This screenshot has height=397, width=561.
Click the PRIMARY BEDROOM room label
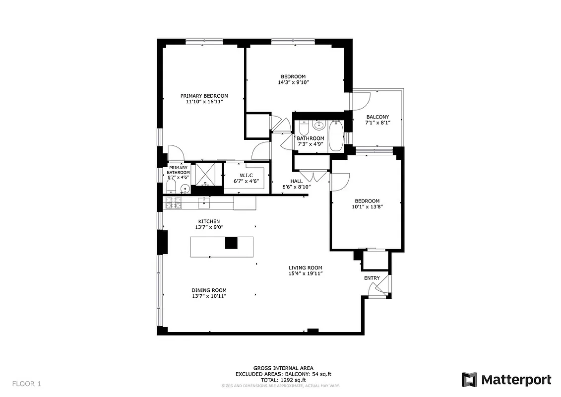coord(204,96)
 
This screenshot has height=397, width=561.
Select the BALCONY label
coord(377,117)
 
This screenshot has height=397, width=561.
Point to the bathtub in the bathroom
coord(336,135)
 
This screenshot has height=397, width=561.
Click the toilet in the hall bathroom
coord(303,126)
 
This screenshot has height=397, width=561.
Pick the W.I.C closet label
coord(246,175)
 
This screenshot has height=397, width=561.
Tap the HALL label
coord(296,181)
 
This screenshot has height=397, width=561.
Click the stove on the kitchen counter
coord(172,202)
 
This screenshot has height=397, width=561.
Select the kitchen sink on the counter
coord(203,202)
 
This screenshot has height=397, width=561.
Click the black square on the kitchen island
coord(232,243)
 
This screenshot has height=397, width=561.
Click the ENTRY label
coord(372,278)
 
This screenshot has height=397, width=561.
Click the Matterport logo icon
coord(469,380)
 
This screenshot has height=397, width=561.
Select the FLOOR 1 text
coord(27,384)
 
